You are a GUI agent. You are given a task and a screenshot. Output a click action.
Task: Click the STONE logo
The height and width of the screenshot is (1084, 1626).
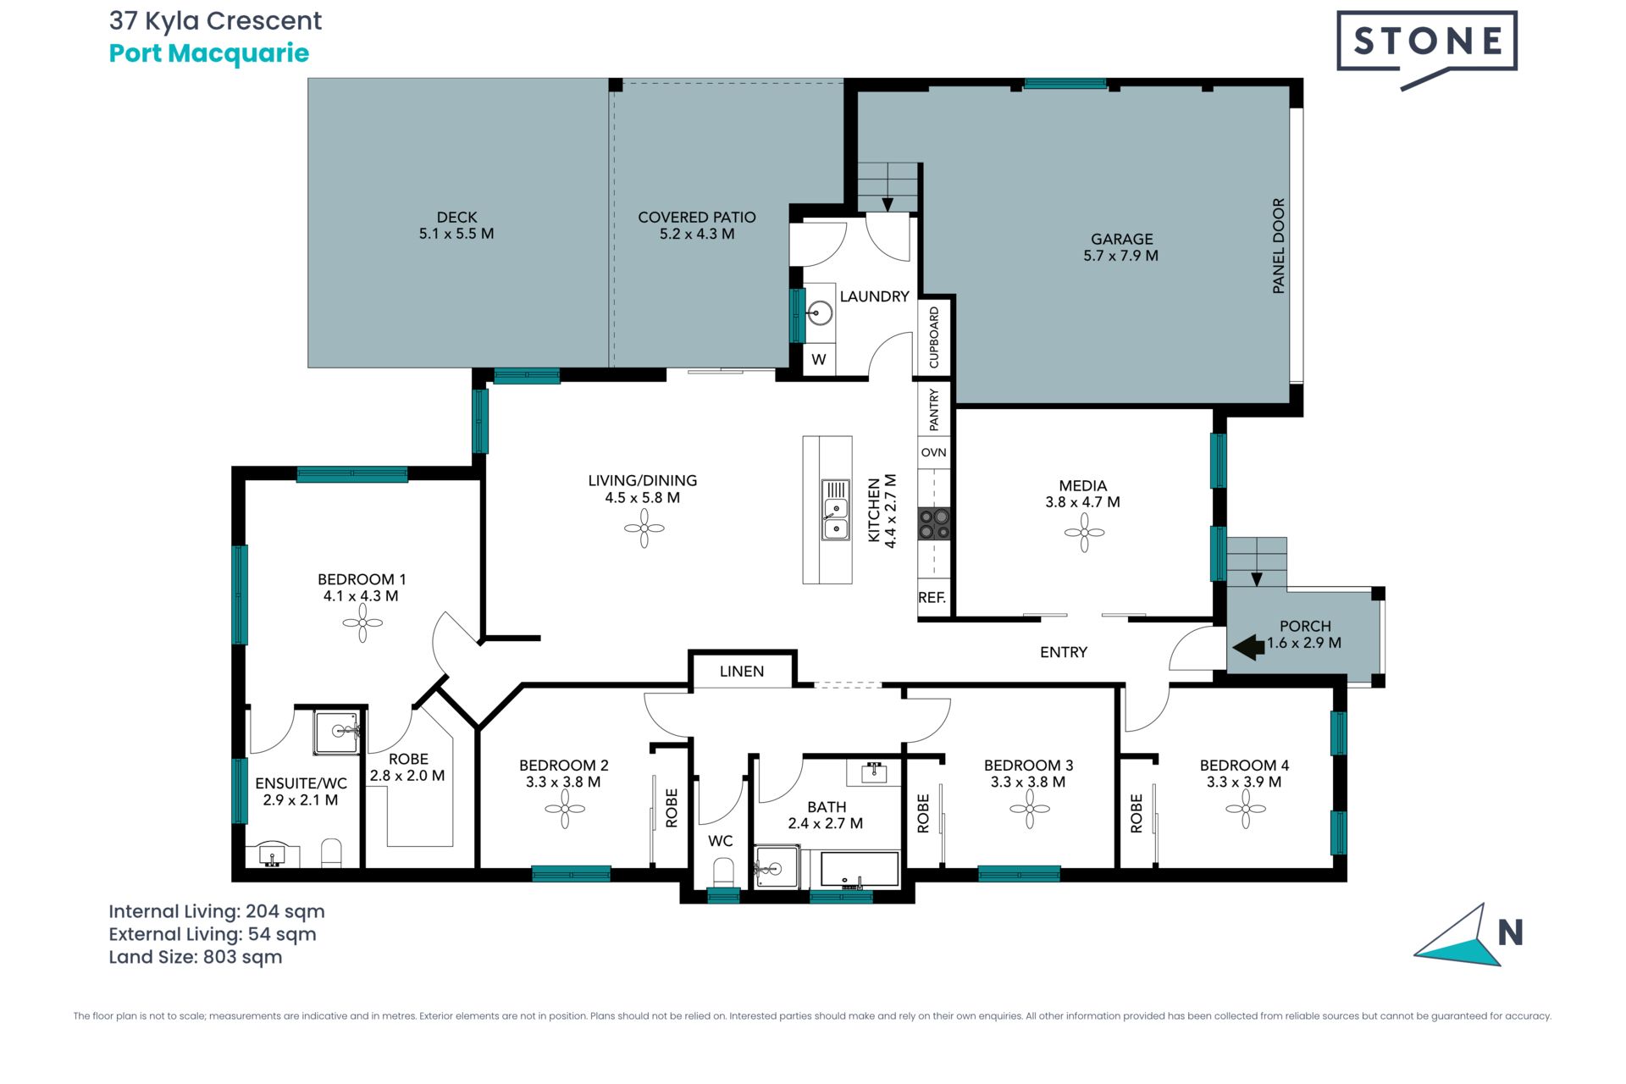(x=1427, y=49)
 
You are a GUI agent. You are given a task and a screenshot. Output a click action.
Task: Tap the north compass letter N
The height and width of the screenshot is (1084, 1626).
(x=1510, y=932)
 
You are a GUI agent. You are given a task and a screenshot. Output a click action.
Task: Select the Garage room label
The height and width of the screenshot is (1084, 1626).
(x=1121, y=239)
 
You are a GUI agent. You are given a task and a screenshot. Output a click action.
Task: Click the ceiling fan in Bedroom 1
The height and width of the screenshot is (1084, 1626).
(x=362, y=623)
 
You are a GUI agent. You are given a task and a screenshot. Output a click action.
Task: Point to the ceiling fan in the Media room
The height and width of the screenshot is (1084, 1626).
(x=1084, y=533)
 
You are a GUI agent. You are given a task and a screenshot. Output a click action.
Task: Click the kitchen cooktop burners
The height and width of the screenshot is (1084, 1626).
(x=934, y=523)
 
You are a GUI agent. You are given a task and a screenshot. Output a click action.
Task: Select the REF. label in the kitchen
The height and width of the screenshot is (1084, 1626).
(x=932, y=597)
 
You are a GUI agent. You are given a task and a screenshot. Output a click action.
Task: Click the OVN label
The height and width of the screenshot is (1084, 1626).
(x=933, y=452)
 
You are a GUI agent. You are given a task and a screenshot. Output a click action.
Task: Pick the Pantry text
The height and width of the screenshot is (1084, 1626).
(x=934, y=409)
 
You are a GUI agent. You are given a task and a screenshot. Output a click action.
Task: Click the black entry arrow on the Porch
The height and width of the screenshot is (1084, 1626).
(x=1248, y=648)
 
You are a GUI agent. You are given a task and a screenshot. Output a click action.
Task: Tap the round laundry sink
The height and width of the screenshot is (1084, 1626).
(x=819, y=312)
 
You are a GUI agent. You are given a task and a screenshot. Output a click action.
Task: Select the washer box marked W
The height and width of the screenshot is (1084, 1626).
(x=819, y=359)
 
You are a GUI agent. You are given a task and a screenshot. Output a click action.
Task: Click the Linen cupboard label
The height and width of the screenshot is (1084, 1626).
(x=742, y=672)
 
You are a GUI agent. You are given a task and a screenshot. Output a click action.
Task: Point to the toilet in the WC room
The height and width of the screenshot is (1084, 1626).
(x=723, y=872)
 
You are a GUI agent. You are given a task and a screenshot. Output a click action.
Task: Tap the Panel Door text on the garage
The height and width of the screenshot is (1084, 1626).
(x=1279, y=246)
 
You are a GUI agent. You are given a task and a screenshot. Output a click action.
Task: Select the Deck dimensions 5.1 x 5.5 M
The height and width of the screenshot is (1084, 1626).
(x=456, y=234)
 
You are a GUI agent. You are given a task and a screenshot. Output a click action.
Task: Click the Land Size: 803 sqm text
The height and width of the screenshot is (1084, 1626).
(x=196, y=957)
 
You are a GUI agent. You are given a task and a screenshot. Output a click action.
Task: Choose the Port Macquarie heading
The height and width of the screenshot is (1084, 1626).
(x=209, y=53)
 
